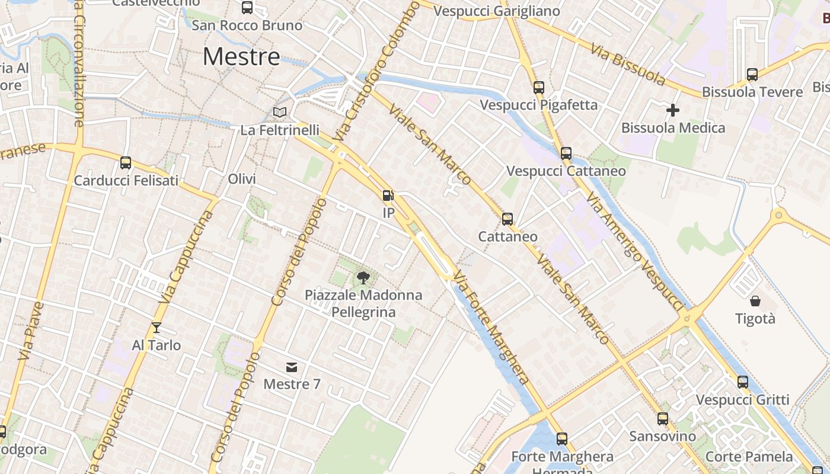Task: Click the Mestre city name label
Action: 241,57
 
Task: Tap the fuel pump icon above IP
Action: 388,196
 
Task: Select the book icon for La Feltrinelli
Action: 279,112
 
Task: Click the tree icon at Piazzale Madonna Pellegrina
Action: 363,277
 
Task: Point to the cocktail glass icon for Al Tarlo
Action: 157,328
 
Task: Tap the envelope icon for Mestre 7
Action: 292,367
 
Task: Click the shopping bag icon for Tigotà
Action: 755,301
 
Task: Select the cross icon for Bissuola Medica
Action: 673,110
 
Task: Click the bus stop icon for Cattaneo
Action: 507,219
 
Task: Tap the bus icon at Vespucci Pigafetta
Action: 538,88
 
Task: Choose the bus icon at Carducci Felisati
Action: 126,163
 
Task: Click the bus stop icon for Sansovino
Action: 663,419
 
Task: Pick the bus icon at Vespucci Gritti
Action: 743,382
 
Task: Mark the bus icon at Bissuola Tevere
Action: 752,75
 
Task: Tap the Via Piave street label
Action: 31,332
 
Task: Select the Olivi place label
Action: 242,180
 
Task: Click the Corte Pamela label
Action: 749,457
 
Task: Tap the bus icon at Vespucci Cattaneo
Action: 566,153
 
